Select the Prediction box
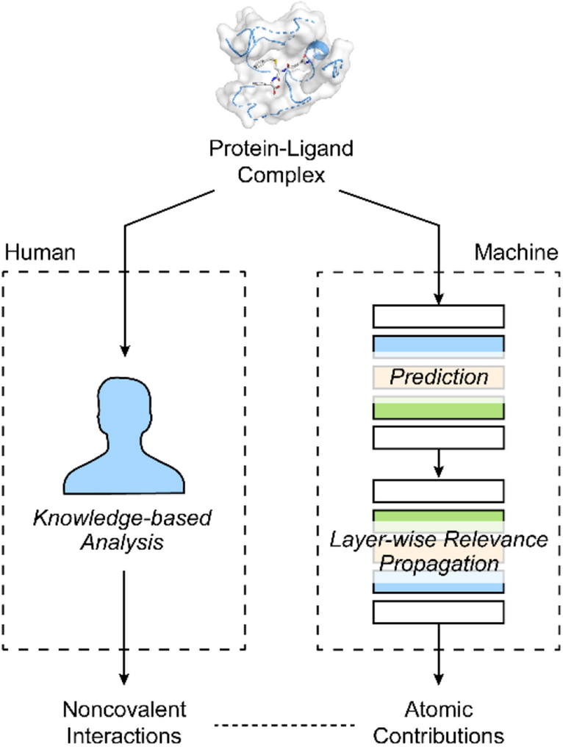coord(439,377)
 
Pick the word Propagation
coord(439,564)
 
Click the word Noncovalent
coord(123,710)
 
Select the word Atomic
coord(440,710)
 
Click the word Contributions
coord(440,735)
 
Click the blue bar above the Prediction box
coord(439,345)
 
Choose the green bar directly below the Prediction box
coord(439,409)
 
